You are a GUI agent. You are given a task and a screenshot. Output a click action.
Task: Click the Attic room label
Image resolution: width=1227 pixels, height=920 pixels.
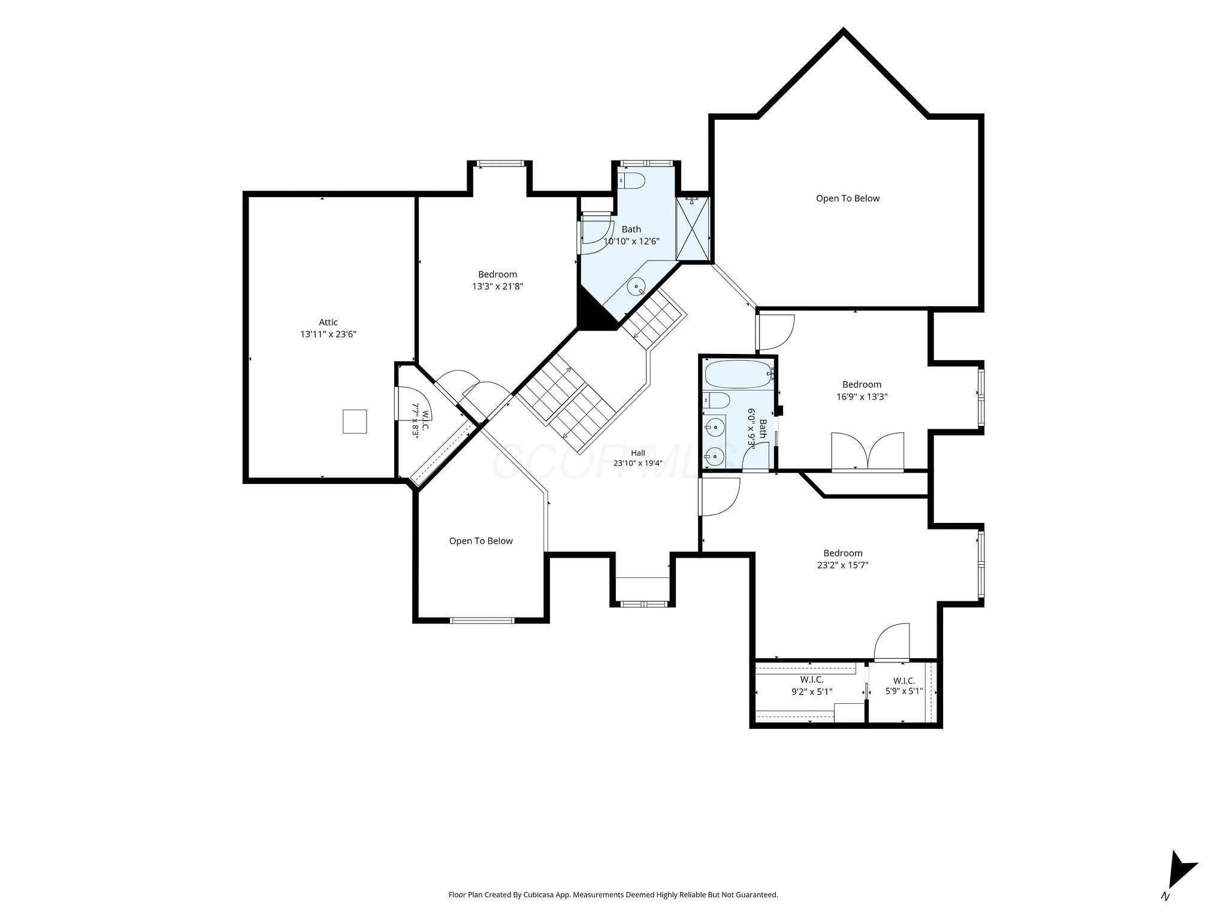point(328,322)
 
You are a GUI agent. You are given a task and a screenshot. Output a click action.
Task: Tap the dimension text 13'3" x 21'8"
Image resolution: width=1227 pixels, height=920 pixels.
point(498,286)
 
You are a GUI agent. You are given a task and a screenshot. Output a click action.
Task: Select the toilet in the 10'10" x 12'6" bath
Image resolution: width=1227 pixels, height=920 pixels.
point(631,180)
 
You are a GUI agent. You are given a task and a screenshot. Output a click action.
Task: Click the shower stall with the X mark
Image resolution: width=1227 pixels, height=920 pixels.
point(692,228)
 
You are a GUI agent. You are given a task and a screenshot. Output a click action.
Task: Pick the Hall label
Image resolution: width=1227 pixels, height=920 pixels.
point(637,453)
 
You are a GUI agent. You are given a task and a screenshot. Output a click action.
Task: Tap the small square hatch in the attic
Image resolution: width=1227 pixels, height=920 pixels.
point(355,421)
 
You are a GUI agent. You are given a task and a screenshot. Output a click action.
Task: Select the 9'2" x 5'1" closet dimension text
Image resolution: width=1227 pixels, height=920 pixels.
point(812,692)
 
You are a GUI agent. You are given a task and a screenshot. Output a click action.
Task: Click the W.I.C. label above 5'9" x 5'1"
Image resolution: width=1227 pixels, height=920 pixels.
point(903,680)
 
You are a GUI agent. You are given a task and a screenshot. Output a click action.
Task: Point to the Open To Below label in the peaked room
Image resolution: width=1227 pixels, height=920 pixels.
point(848,198)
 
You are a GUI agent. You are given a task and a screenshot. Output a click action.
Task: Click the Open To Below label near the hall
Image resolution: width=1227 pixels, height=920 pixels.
point(481,541)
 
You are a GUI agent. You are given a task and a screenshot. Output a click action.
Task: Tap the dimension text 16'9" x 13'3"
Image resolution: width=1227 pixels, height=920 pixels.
point(862,397)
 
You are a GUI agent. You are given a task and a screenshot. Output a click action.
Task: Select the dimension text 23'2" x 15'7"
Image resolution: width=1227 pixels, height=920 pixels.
point(843,565)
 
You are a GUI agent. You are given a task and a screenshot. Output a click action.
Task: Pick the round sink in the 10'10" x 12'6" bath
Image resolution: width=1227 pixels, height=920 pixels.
point(636,287)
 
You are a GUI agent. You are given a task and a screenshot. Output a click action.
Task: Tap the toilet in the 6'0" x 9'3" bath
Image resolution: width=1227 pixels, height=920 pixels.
point(716,400)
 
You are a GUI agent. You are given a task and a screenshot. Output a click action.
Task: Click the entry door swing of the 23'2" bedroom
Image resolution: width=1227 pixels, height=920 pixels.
point(720,497)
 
